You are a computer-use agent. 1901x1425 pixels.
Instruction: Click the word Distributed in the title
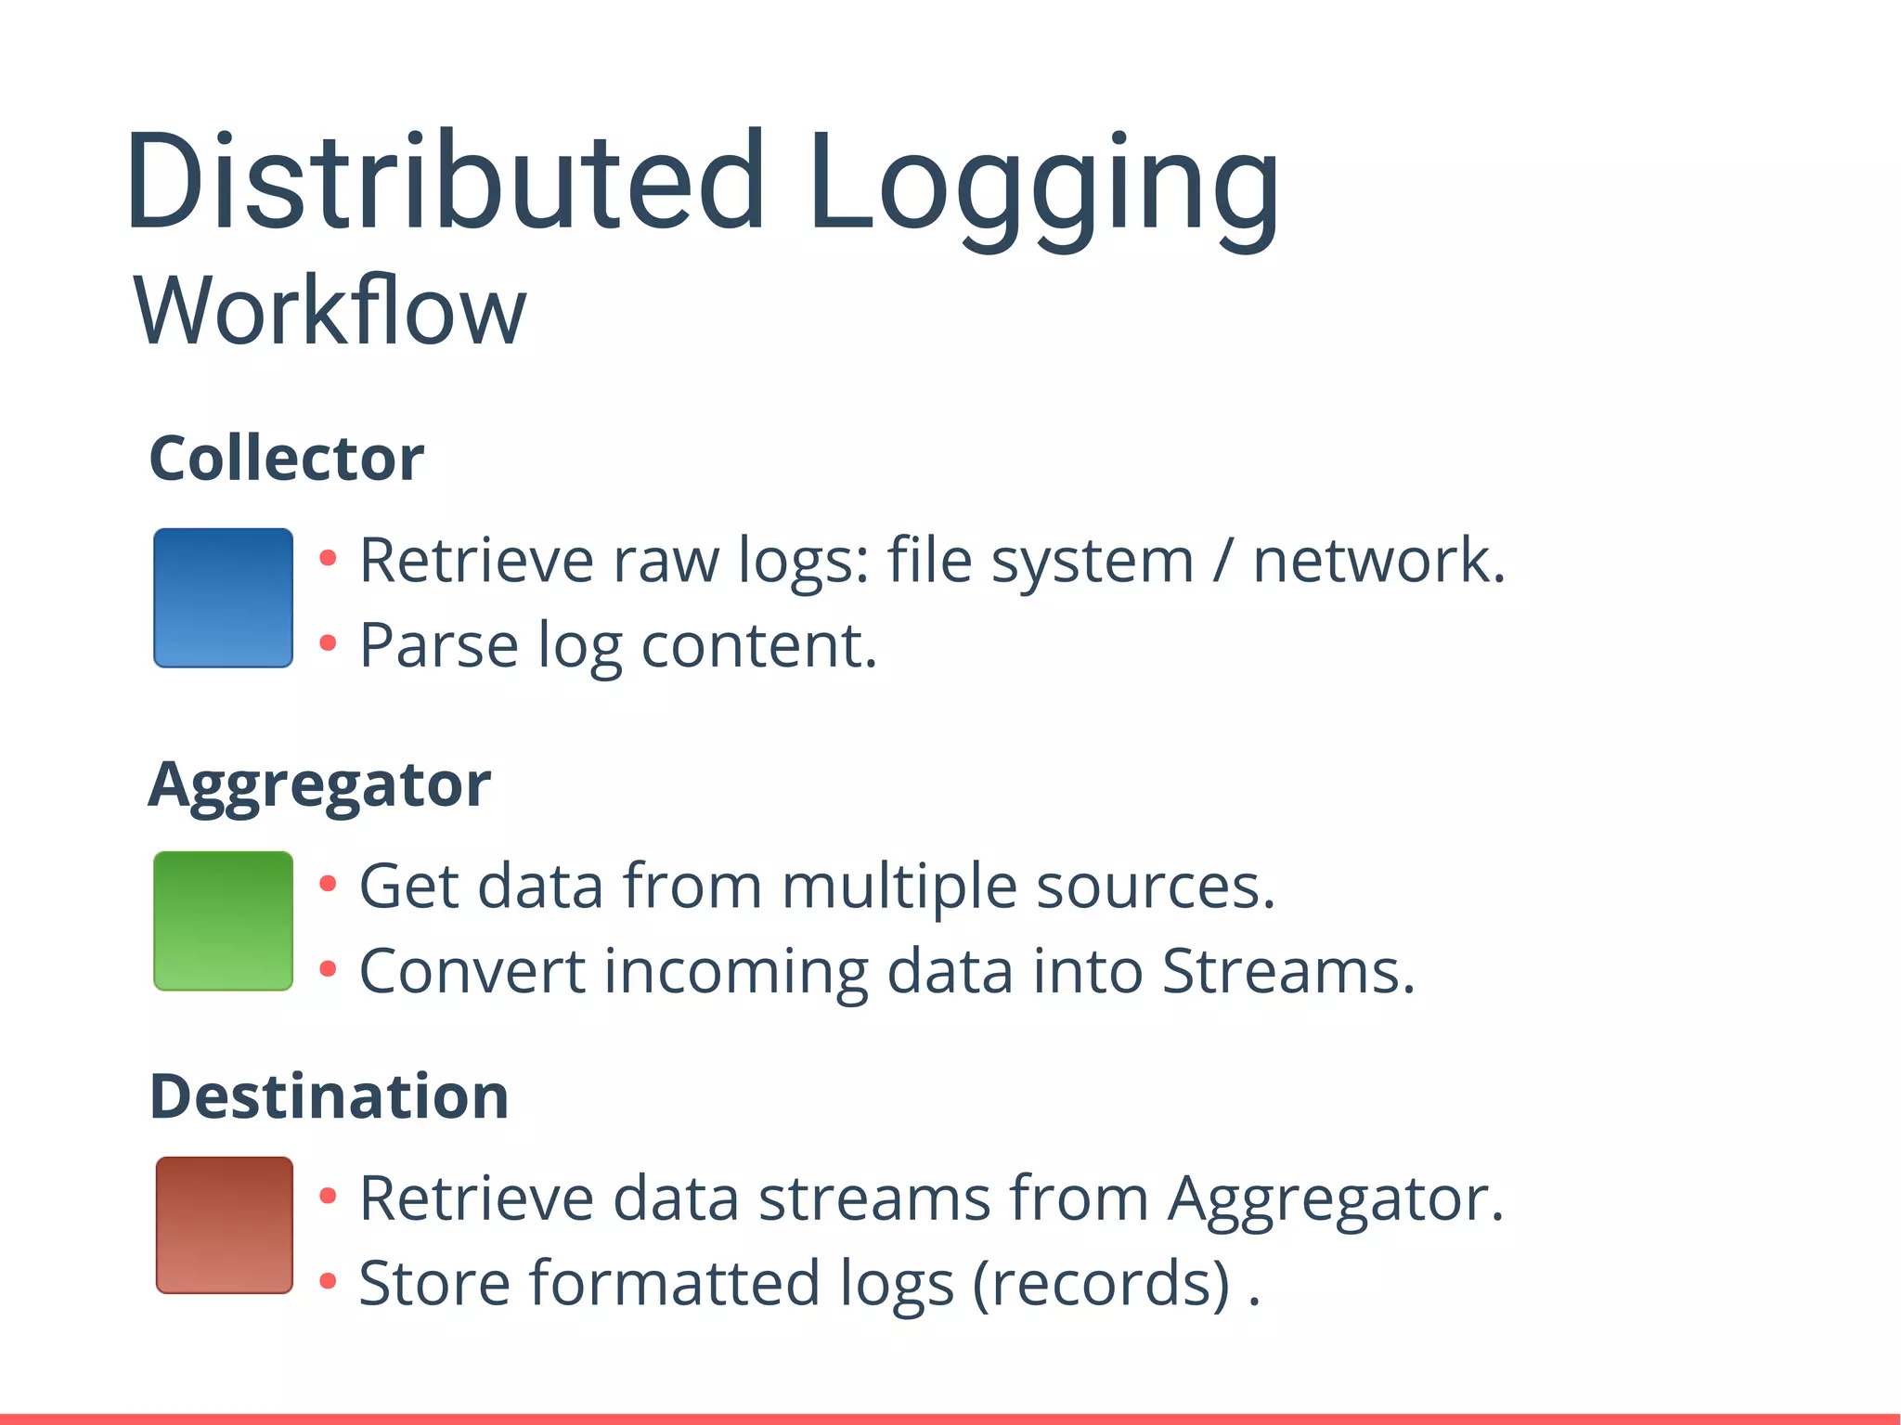point(446,181)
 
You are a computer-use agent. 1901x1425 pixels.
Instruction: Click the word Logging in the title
point(1044,186)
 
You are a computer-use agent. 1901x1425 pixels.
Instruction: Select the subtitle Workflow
point(330,311)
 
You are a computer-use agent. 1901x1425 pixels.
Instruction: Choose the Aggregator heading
point(319,785)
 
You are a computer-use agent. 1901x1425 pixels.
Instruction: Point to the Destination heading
point(329,1096)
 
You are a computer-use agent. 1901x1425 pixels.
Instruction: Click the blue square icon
point(224,598)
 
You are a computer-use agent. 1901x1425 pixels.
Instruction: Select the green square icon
point(224,921)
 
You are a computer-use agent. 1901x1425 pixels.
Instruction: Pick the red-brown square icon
point(225,1224)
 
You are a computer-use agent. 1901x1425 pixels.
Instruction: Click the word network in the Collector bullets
point(1377,561)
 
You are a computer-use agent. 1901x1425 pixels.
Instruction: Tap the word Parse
point(439,645)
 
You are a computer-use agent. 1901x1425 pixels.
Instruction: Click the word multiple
point(899,886)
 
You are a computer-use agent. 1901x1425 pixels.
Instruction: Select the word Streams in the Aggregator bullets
point(1287,971)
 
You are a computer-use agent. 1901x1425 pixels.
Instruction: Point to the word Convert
point(472,971)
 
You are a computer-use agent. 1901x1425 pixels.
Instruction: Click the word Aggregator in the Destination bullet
point(1335,1198)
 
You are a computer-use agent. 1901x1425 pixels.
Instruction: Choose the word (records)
point(1102,1283)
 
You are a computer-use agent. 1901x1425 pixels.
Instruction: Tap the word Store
point(435,1283)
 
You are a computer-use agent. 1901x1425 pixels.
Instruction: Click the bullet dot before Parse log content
point(327,642)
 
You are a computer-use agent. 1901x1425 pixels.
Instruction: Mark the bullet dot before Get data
point(327,883)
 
